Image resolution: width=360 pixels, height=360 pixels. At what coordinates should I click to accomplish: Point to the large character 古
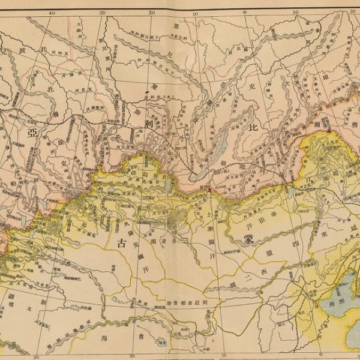coord(122,243)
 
